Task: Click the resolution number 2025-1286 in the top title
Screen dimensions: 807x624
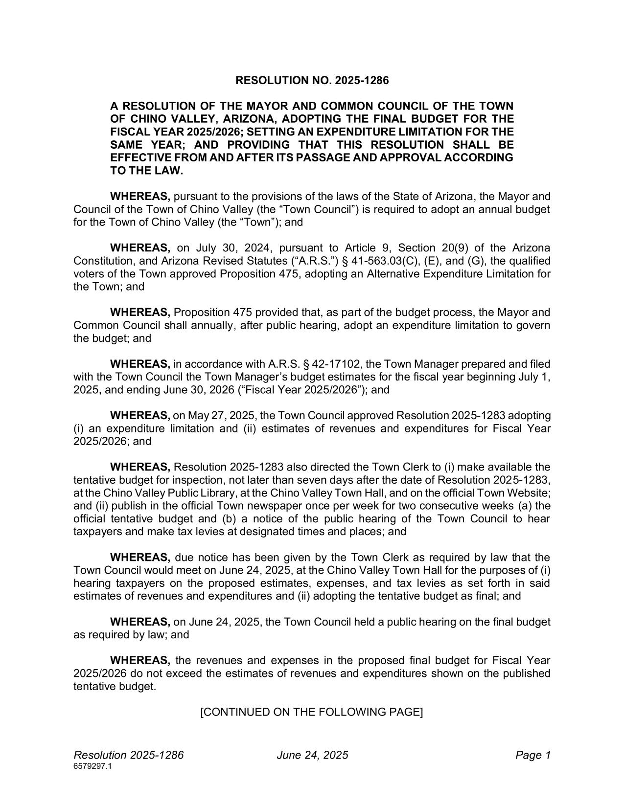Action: tap(362, 80)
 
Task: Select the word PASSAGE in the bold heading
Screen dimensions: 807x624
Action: tap(351, 157)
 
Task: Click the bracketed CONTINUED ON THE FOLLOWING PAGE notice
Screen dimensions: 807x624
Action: tap(312, 712)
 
